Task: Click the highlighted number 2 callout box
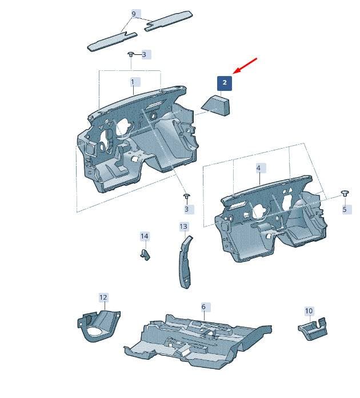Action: tap(225, 83)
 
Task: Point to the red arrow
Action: tap(245, 66)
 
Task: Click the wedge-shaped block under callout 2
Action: tap(216, 105)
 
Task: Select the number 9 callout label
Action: tap(134, 14)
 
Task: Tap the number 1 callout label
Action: tap(133, 82)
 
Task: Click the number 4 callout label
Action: tap(258, 168)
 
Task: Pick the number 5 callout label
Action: tap(345, 209)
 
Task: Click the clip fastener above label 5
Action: tap(345, 193)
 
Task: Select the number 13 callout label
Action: tap(183, 226)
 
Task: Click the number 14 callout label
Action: tap(145, 236)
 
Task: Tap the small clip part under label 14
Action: tap(145, 254)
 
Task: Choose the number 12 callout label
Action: tap(103, 297)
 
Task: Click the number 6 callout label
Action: tap(203, 307)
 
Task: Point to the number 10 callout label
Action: tap(309, 311)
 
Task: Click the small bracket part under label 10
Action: tap(313, 329)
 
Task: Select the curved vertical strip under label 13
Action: tap(185, 262)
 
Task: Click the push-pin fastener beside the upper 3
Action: tap(131, 54)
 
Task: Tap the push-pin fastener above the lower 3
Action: tap(187, 196)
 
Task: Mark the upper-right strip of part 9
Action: tap(169, 21)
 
